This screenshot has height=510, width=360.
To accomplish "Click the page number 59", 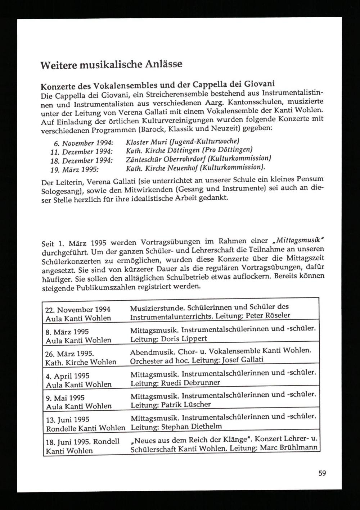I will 322,473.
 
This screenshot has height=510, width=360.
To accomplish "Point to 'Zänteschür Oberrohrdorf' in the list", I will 164,159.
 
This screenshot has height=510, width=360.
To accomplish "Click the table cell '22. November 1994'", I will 78,310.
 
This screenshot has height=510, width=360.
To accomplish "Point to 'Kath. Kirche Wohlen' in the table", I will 81,362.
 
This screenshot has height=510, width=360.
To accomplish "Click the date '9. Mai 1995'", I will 65,398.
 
